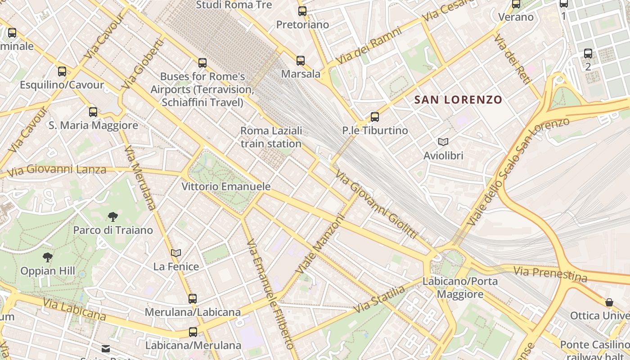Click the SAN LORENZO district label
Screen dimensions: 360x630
pyautogui.click(x=458, y=100)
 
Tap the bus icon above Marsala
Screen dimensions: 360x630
pyautogui.click(x=300, y=61)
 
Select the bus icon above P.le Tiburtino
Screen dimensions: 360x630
pyautogui.click(x=374, y=117)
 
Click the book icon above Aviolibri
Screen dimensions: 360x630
pyautogui.click(x=443, y=142)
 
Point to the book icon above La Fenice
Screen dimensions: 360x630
pyautogui.click(x=176, y=253)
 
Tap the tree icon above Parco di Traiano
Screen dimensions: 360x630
pyautogui.click(x=113, y=217)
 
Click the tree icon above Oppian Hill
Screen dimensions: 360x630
pyautogui.click(x=47, y=257)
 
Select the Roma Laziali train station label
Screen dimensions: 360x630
pyautogui.click(x=271, y=137)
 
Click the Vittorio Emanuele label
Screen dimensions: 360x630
pyautogui.click(x=226, y=186)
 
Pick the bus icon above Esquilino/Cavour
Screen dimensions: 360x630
pyautogui.click(x=62, y=72)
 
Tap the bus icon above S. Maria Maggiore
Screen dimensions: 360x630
pyautogui.click(x=93, y=112)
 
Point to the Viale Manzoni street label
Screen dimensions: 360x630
pyautogui.click(x=320, y=244)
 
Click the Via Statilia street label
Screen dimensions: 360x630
pyautogui.click(x=379, y=300)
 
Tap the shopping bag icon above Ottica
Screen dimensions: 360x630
pyautogui.click(x=609, y=302)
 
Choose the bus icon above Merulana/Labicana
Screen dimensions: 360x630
pyautogui.click(x=193, y=298)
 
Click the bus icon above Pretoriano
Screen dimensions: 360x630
pyautogui.click(x=302, y=11)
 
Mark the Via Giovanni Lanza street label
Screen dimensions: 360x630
pyautogui.click(x=57, y=170)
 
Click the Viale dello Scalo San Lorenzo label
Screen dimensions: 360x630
pyautogui.click(x=517, y=173)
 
